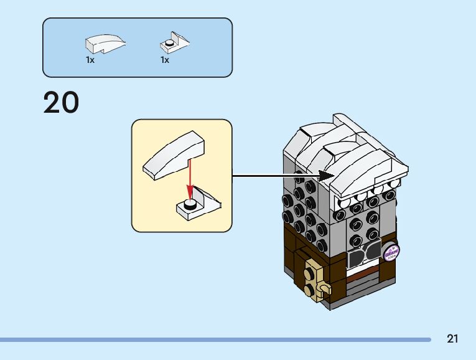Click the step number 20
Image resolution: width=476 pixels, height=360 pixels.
point(61,103)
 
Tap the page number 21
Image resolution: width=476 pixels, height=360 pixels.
point(452,339)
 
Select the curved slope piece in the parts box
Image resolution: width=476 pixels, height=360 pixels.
point(105,44)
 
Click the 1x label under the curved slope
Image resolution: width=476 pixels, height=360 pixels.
point(90,60)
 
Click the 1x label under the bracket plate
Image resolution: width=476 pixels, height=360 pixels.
point(165,60)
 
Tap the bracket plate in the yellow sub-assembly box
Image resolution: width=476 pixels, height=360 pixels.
point(199,206)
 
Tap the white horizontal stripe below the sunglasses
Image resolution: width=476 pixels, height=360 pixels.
point(365,270)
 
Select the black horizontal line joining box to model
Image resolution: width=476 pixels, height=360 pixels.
point(274,176)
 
